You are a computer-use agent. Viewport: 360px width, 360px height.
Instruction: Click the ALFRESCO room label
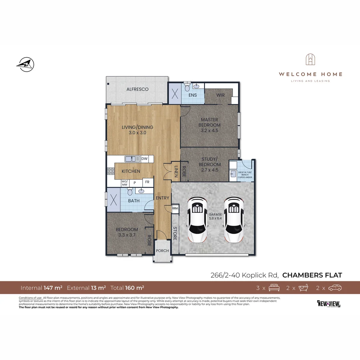click(x=137, y=89)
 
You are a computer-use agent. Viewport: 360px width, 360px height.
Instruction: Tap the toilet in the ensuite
click(x=187, y=88)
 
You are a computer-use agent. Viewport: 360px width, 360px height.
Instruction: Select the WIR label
click(x=220, y=95)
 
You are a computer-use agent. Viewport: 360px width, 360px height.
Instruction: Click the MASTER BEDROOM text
click(x=209, y=122)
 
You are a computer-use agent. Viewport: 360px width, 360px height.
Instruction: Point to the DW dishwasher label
click(x=144, y=159)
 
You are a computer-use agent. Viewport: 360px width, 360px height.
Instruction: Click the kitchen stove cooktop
click(x=110, y=171)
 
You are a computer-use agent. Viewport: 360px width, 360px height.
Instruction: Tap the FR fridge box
click(x=147, y=183)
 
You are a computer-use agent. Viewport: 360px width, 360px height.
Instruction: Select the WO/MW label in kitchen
click(x=125, y=183)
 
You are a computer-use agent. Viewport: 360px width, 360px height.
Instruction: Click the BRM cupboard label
click(x=175, y=208)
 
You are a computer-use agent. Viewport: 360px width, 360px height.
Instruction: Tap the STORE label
click(x=175, y=233)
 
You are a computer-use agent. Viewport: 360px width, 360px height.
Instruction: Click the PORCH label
click(x=163, y=251)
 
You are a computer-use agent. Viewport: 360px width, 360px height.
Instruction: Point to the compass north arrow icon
click(x=25, y=64)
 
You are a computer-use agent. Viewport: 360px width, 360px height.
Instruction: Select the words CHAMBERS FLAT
click(x=312, y=275)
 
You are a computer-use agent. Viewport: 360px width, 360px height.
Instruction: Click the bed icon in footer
click(x=274, y=288)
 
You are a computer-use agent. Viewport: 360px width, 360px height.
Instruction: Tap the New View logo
click(x=329, y=304)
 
